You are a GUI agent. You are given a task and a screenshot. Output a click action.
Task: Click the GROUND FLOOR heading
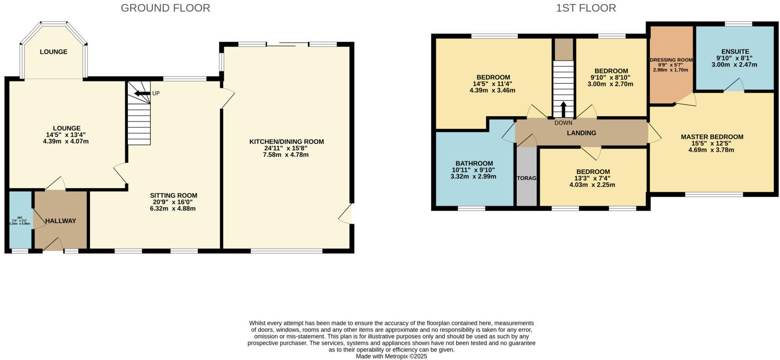(165, 8)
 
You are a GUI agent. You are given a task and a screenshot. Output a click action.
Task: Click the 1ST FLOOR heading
(586, 8)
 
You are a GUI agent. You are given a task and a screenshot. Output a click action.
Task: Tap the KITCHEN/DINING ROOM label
(287, 142)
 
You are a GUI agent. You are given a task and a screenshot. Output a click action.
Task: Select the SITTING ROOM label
(173, 195)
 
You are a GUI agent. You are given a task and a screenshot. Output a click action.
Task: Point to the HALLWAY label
(60, 221)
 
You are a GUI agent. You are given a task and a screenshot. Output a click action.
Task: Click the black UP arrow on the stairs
(141, 94)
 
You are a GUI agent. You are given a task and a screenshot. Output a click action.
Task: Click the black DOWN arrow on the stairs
(563, 109)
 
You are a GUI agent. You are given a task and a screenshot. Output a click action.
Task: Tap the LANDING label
(581, 133)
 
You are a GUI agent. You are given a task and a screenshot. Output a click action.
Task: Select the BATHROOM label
(474, 163)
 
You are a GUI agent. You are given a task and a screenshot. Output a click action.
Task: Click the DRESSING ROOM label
(670, 60)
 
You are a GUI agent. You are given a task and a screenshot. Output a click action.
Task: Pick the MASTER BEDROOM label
(712, 137)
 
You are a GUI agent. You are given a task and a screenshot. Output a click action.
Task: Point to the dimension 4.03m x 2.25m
(592, 185)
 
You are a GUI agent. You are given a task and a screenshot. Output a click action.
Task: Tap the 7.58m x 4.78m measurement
(287, 155)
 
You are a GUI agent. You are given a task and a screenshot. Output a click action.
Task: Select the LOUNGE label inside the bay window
(53, 52)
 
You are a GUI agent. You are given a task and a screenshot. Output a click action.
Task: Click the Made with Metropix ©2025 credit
(392, 356)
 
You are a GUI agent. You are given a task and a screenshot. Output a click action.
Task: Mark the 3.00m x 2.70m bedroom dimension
(611, 84)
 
